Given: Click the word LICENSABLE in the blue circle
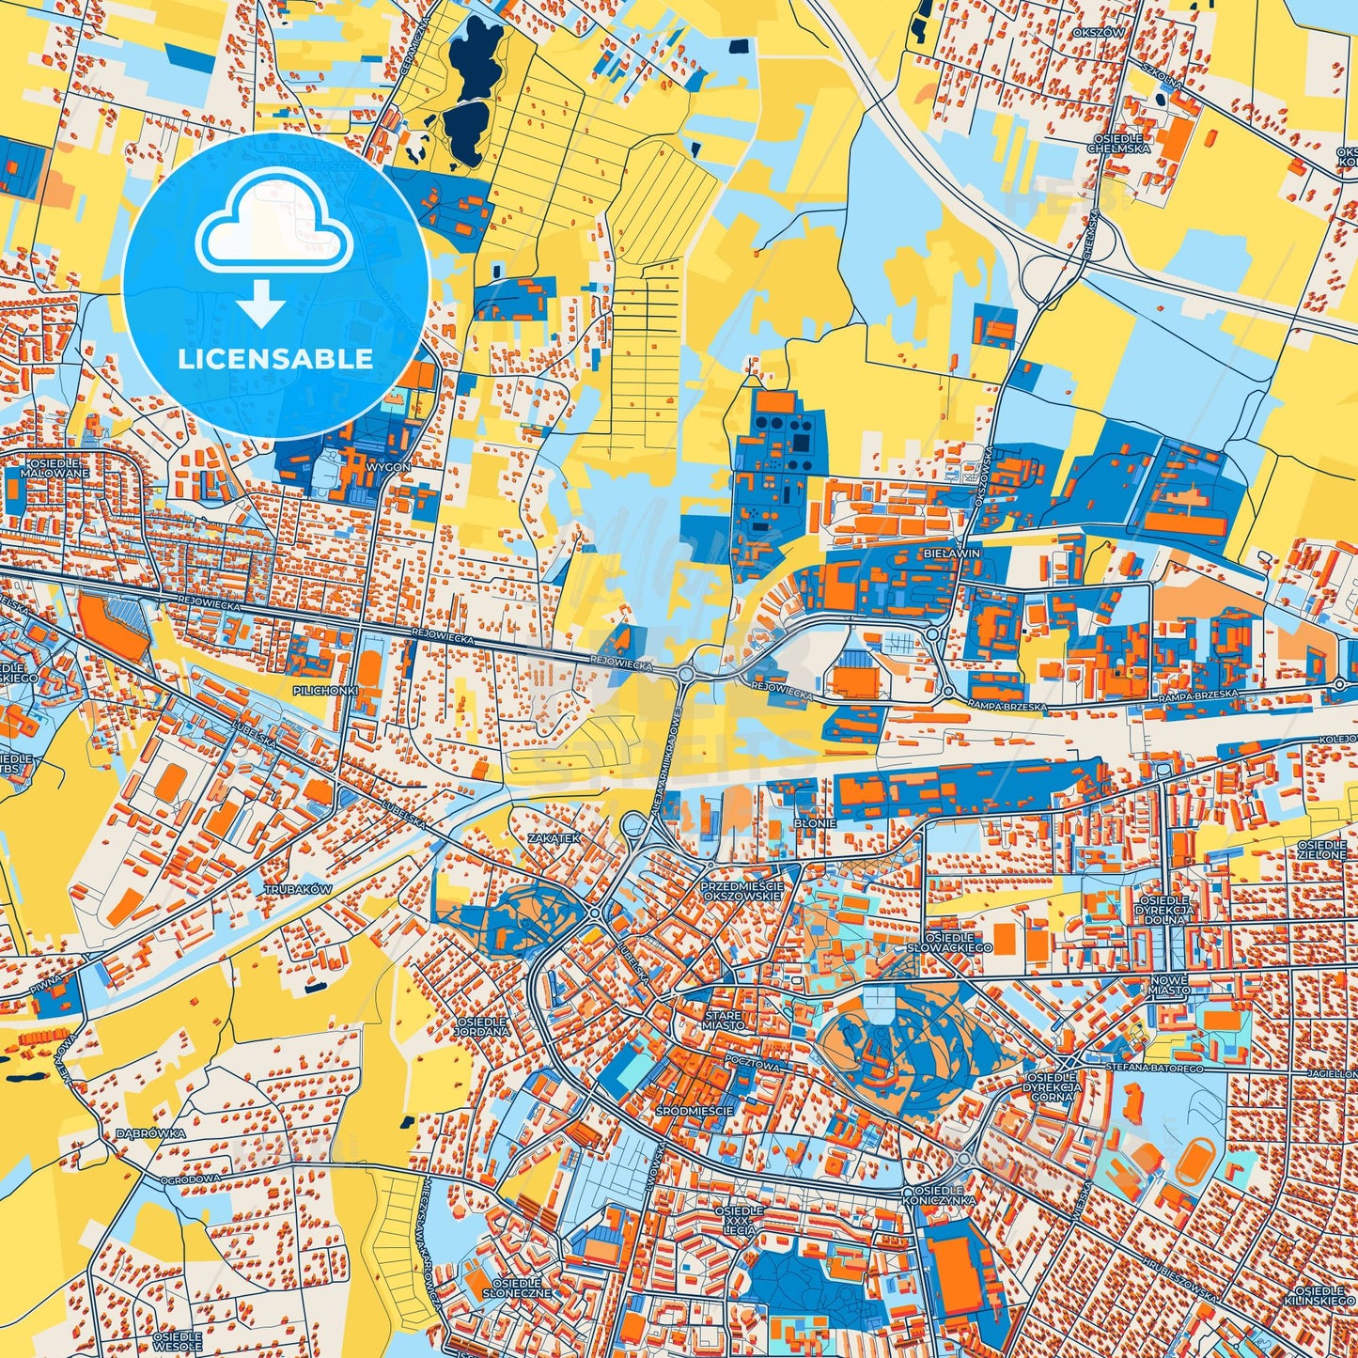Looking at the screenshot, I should tap(276, 359).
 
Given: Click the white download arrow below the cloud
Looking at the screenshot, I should tap(262, 304).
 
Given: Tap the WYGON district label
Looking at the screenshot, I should tap(390, 466).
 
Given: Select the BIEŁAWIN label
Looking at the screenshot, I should tap(952, 554).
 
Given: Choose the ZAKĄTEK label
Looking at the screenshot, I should tap(554, 836).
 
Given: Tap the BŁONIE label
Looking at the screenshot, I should tap(814, 821).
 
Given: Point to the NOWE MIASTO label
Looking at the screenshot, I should tap(1168, 985).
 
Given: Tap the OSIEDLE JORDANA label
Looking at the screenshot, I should tap(482, 1026).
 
